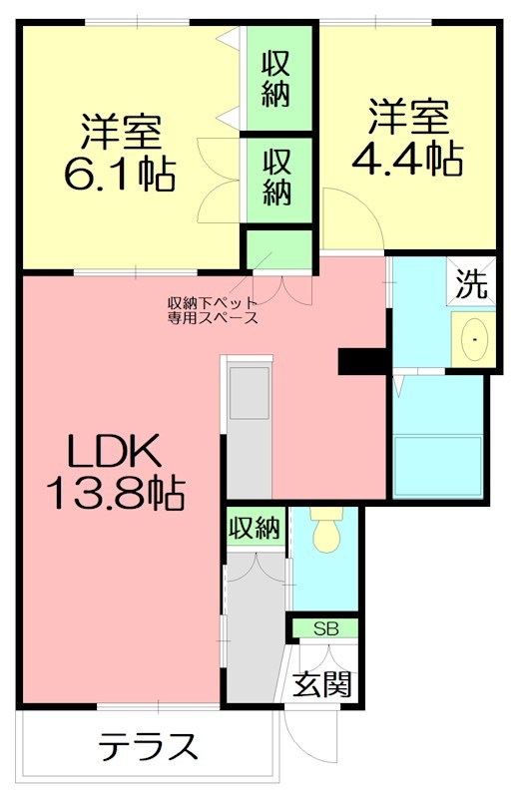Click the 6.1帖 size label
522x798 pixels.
(120, 177)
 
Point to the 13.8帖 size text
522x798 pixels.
(114, 490)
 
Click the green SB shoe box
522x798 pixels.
(325, 628)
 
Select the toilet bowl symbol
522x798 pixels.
(325, 535)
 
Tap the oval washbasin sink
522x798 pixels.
(472, 341)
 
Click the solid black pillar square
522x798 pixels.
(362, 360)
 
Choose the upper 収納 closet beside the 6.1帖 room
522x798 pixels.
(276, 80)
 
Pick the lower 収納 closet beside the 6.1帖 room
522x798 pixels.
(276, 177)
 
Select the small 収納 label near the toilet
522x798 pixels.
(255, 526)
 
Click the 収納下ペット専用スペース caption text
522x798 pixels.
(213, 311)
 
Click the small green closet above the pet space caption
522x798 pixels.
(279, 249)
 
